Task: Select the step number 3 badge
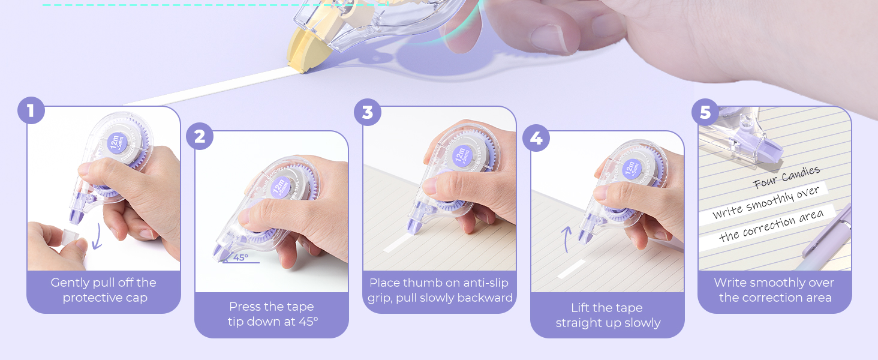click(x=368, y=112)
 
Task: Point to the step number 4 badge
click(x=536, y=138)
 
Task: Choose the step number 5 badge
click(x=705, y=112)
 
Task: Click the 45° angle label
click(x=240, y=257)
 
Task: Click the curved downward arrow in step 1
click(x=97, y=238)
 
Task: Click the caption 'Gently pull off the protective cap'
click(x=104, y=290)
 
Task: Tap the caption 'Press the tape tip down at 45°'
click(x=272, y=314)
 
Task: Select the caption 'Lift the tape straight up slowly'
click(x=608, y=316)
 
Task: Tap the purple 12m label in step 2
click(x=279, y=188)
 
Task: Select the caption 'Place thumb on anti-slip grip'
click(x=440, y=290)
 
